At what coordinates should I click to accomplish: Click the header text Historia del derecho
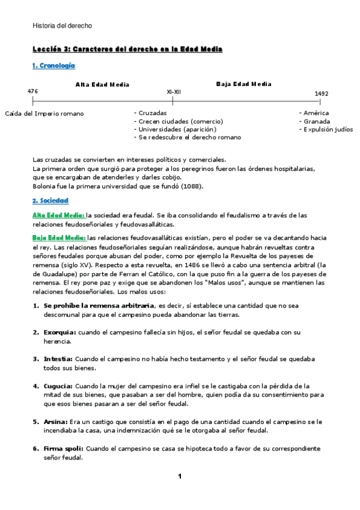pos(62,25)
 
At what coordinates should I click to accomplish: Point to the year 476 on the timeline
pos(32,91)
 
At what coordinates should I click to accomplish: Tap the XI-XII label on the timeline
pos(172,93)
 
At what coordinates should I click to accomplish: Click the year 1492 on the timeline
pos(322,94)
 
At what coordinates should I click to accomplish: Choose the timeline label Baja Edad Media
pos(243,84)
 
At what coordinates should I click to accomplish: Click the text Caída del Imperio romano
pos(44,113)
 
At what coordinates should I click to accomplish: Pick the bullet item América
pos(316,113)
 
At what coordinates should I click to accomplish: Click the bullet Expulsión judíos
pos(328,129)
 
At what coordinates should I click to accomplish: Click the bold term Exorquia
pos(59,332)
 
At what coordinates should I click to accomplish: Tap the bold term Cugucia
pos(58,386)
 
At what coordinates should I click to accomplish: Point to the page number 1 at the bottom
pos(179,477)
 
